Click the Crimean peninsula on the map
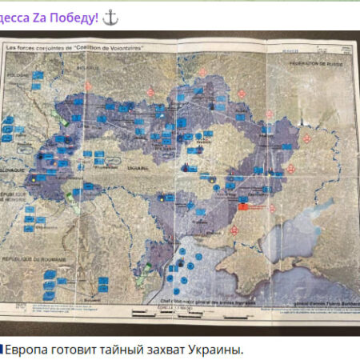tap(225, 260)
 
